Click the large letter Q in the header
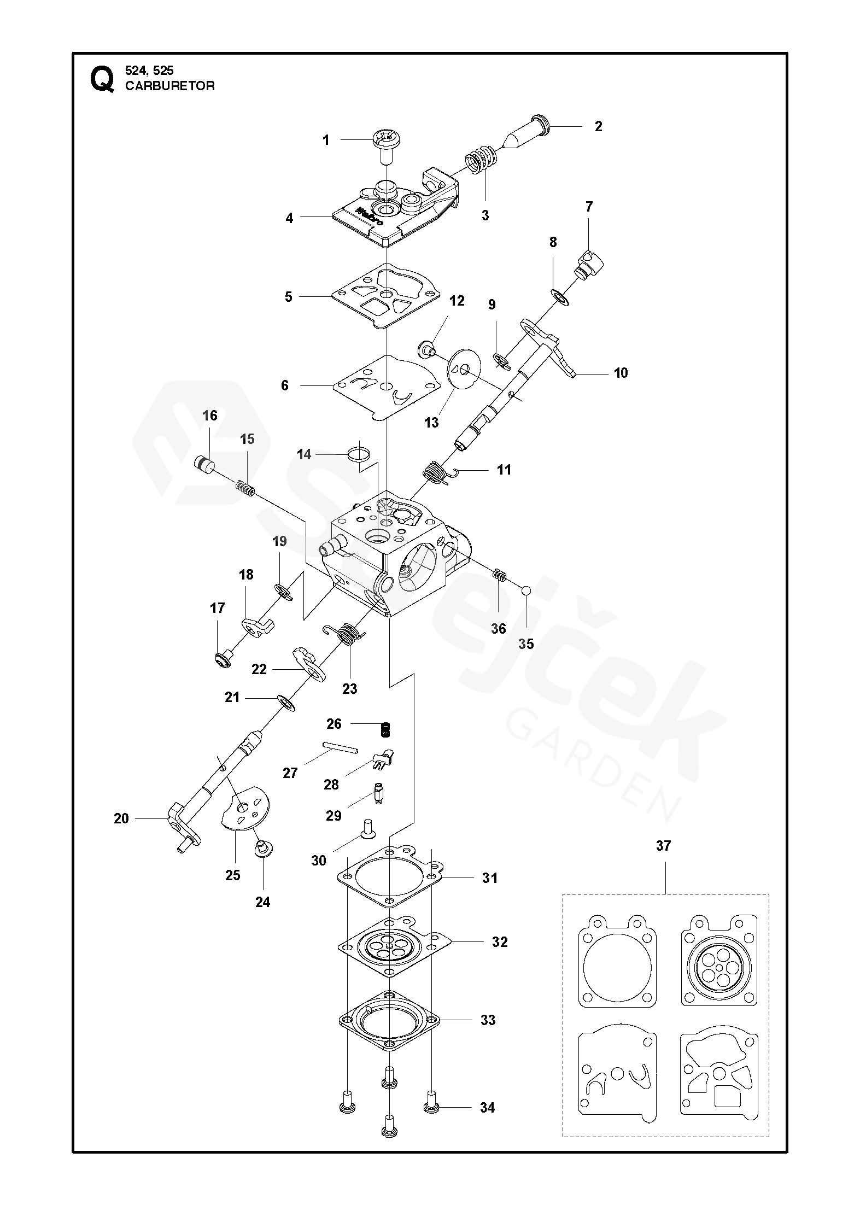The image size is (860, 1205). point(102,80)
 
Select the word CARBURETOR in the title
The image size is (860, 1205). point(170,86)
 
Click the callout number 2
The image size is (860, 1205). point(599,127)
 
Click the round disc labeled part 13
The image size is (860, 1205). point(464,370)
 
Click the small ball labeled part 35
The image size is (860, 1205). point(526,590)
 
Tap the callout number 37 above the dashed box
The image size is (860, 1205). point(663,846)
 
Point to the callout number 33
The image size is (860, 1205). point(488,1020)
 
